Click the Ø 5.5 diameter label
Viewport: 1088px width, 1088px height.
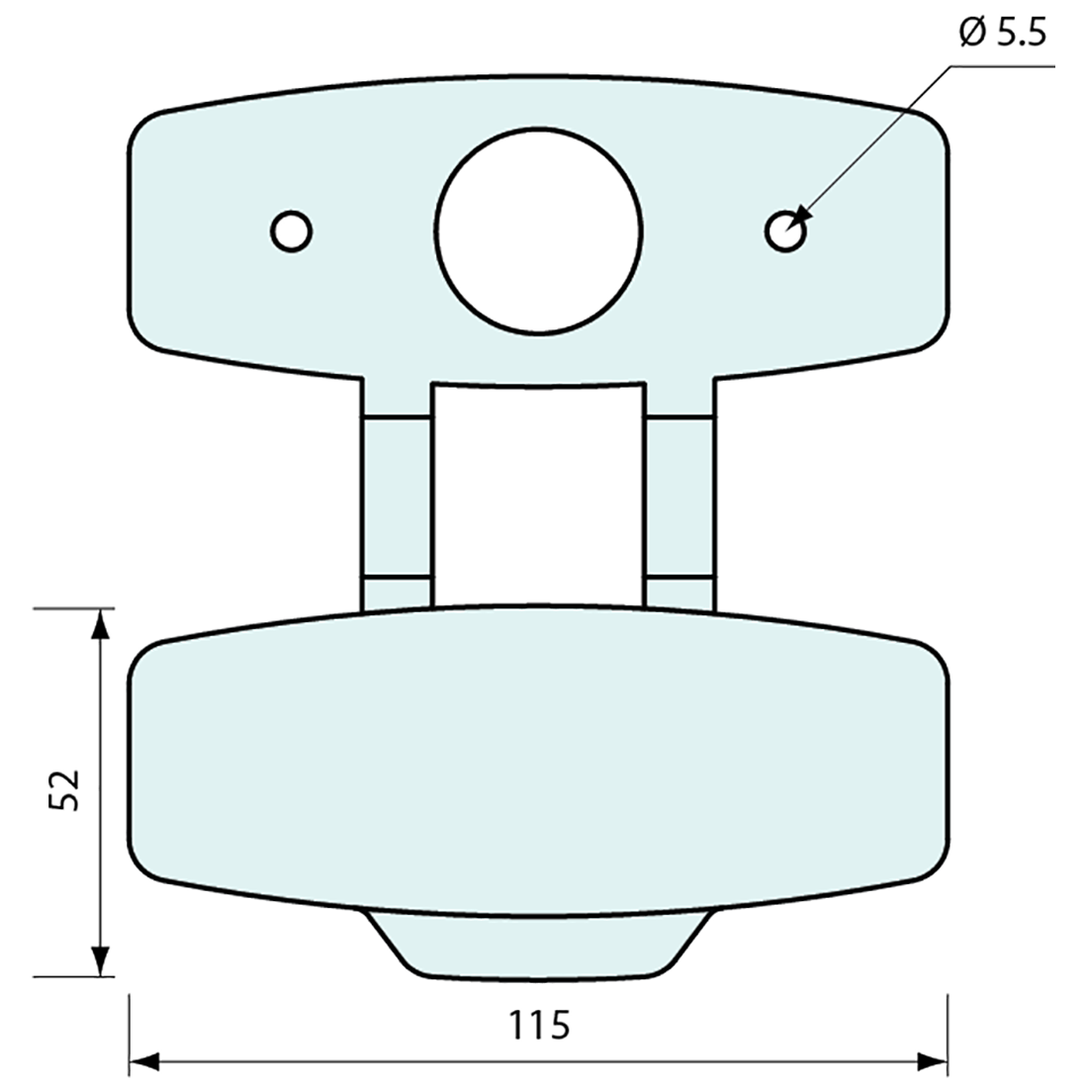pyautogui.click(x=1001, y=35)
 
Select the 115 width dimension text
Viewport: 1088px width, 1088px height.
pyautogui.click(x=541, y=1025)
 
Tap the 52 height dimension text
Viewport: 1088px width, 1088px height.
pyautogui.click(x=64, y=790)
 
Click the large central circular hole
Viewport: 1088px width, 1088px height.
pyautogui.click(x=539, y=229)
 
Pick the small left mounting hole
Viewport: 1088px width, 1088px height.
pyautogui.click(x=292, y=231)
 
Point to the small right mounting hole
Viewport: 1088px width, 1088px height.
pyautogui.click(x=786, y=231)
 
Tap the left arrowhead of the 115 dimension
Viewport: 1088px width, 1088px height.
pyautogui.click(x=144, y=1062)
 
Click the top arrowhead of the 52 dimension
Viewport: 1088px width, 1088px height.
pyautogui.click(x=99, y=624)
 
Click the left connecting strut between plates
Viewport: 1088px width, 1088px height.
pyautogui.click(x=397, y=495)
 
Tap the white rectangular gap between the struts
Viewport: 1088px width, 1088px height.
pyautogui.click(x=538, y=495)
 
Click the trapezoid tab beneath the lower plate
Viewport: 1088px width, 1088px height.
pyautogui.click(x=538, y=945)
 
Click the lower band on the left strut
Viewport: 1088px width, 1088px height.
pyautogui.click(x=397, y=590)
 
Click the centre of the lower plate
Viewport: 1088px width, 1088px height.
pyautogui.click(x=539, y=762)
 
